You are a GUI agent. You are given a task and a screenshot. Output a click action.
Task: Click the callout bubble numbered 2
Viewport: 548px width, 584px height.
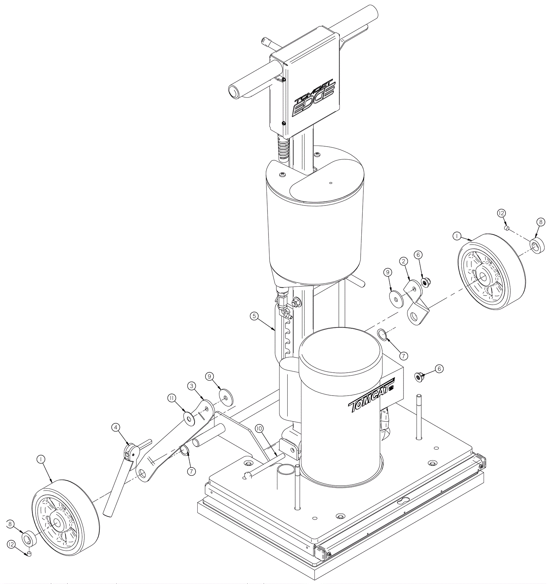coord(404,261)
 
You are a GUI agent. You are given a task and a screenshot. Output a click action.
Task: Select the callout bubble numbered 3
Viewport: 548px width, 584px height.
coord(191,386)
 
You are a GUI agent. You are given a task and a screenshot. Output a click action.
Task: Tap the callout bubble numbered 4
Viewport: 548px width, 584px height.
coord(116,427)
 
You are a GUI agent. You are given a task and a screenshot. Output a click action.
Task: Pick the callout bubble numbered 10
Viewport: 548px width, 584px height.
coord(259,428)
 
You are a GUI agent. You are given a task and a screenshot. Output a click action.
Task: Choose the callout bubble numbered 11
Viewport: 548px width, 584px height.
coord(172,398)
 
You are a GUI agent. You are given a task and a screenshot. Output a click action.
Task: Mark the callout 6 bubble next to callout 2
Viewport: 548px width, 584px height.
coord(418,255)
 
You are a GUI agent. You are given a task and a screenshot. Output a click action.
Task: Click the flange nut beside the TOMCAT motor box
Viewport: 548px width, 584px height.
coord(419,377)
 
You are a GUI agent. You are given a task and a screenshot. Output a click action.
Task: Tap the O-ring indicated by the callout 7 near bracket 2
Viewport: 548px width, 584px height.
coord(382,334)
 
